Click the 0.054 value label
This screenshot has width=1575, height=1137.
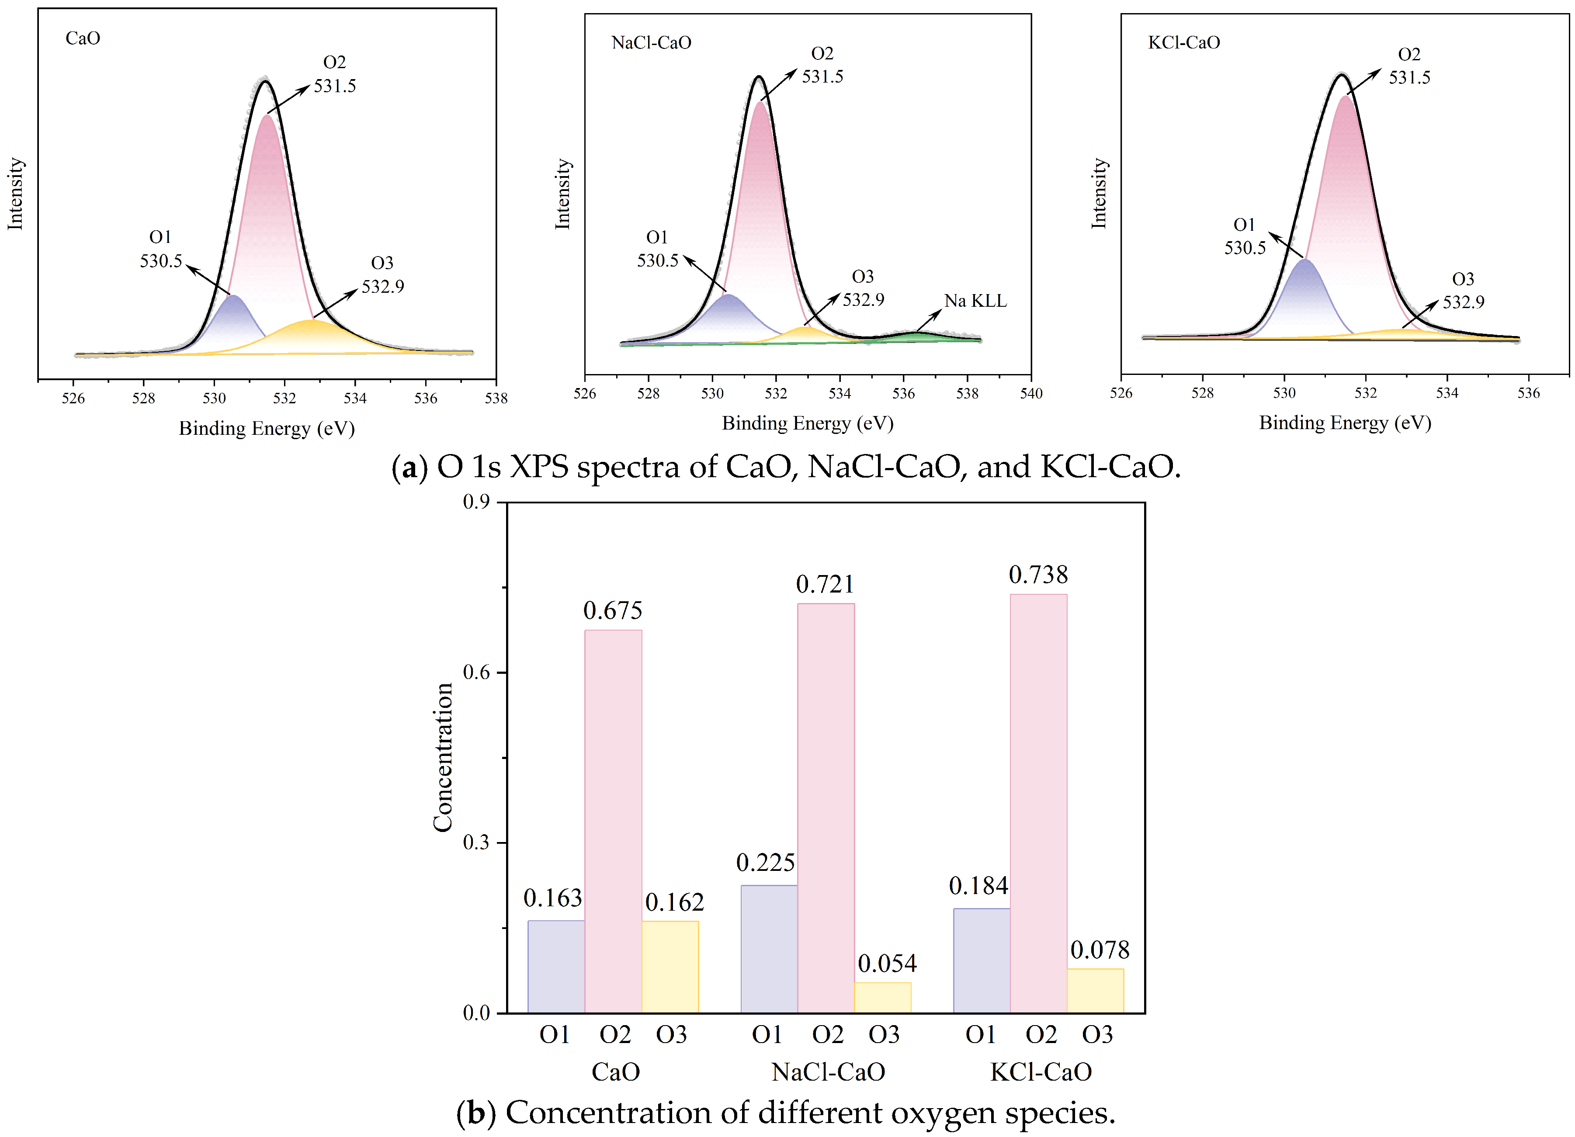[x=887, y=964]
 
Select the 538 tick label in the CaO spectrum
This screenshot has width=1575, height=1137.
[x=496, y=398]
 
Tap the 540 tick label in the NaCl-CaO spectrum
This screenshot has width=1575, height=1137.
[x=1030, y=393]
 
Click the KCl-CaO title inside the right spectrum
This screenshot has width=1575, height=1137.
[x=1183, y=42]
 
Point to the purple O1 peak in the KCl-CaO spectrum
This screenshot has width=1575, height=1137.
[x=1305, y=298]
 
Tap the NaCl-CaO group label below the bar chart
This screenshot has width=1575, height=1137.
[x=828, y=1072]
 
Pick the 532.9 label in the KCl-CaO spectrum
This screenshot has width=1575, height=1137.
[x=1463, y=302]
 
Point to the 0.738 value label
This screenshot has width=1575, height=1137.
[x=1037, y=575]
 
